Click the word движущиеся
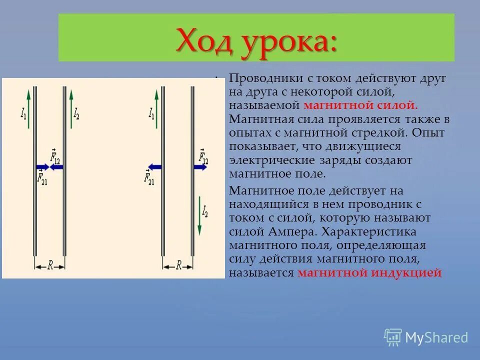coord(369,146)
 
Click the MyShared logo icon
coord(393,336)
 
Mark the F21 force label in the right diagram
coord(148,177)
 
